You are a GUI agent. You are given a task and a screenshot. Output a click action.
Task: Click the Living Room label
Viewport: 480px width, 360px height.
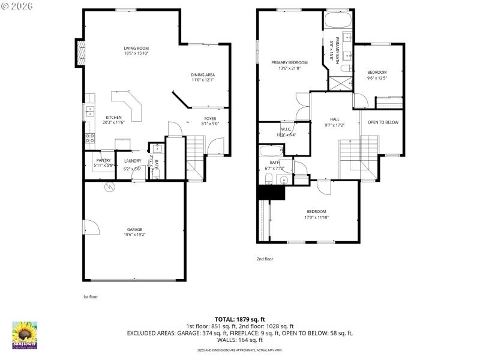tap(136, 48)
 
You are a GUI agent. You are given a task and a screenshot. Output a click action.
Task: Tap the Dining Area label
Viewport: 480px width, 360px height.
tap(203, 74)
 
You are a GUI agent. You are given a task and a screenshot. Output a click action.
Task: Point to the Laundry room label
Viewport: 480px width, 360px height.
tap(133, 161)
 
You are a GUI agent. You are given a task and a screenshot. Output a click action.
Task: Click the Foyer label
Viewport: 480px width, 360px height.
tap(210, 119)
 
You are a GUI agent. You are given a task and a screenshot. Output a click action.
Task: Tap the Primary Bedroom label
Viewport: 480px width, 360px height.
tap(289, 62)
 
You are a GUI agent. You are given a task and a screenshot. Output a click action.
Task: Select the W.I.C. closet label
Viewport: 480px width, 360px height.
tap(286, 130)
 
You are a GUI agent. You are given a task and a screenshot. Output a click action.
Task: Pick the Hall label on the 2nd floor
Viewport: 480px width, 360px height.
tap(335, 119)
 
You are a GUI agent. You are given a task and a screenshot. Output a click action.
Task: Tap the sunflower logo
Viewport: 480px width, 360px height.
tap(25, 334)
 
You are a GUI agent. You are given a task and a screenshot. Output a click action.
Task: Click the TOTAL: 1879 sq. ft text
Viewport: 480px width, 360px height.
tap(239, 319)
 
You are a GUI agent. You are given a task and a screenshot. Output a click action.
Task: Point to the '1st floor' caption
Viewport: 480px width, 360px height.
tap(90, 297)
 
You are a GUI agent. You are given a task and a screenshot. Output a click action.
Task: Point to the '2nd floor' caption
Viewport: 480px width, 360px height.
tap(265, 259)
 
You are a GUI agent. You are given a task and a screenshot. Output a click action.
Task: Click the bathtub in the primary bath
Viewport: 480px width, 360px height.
tap(340, 22)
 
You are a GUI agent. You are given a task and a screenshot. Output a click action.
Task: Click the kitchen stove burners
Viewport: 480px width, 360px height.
tap(89, 140)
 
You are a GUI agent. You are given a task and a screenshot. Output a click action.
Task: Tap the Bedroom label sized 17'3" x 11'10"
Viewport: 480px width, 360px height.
tap(316, 211)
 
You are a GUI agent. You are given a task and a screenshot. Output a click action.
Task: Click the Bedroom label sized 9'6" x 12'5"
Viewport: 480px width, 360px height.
tap(377, 72)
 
